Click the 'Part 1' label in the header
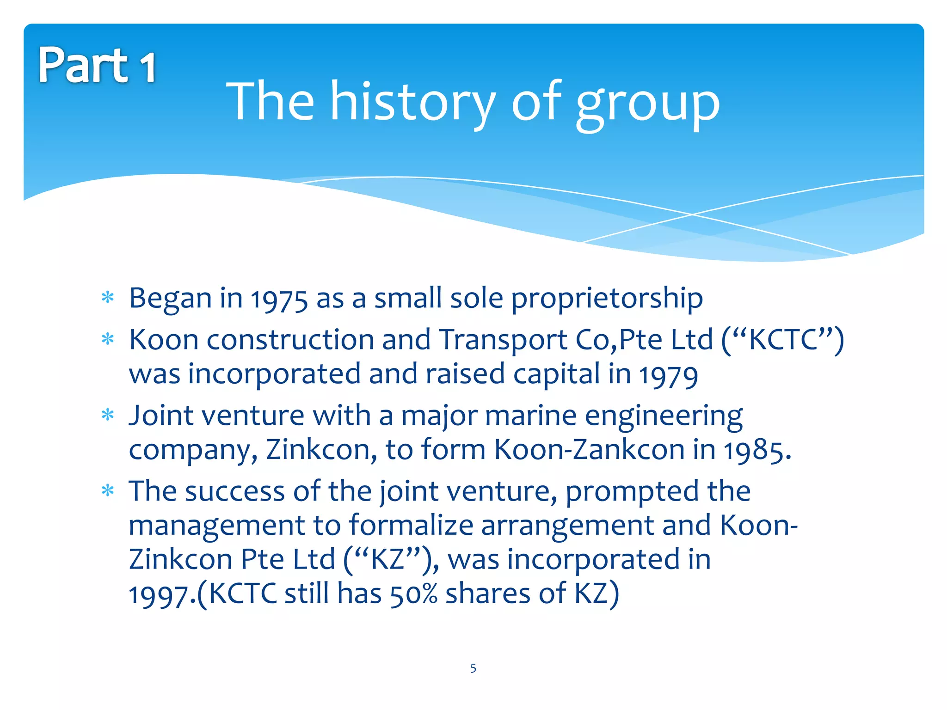tap(97, 66)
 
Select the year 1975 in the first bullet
tap(279, 299)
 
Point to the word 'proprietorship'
tap(607, 299)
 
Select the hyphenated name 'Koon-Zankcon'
tap(589, 450)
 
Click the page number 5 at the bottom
tap(473, 668)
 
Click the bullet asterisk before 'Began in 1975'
tap(108, 298)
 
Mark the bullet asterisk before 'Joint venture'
tap(108, 415)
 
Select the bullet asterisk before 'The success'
tap(108, 490)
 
